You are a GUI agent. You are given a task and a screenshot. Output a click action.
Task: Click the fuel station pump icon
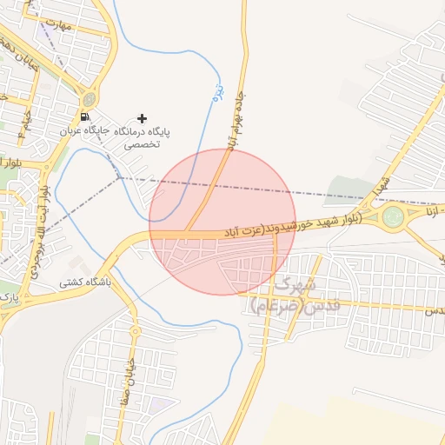(84, 116)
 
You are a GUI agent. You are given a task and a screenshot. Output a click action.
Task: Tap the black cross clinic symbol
(143, 118)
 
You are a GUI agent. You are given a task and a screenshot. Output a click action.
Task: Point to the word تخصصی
(141, 144)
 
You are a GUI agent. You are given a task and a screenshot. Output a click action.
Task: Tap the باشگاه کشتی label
(83, 282)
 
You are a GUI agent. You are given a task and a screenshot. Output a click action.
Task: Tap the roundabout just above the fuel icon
(88, 98)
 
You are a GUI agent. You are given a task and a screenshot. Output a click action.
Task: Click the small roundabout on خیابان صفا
(135, 331)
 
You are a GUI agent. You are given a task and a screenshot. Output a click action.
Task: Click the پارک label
(10, 297)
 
